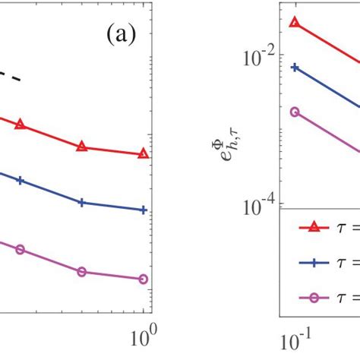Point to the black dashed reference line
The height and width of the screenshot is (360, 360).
[x=9, y=77]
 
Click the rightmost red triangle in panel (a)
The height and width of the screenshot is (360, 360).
[x=144, y=153]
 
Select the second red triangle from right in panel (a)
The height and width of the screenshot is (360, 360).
[x=82, y=147]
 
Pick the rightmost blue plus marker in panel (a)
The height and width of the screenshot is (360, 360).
[x=144, y=210]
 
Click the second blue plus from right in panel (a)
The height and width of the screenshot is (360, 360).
[x=82, y=203]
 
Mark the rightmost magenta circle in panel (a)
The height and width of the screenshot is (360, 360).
[x=144, y=279]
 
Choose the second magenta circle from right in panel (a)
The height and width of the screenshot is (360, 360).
[x=82, y=271]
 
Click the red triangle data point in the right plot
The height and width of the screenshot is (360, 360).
[x=295, y=22]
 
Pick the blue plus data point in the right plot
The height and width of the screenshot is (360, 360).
[x=295, y=68]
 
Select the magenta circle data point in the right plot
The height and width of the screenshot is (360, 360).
[x=295, y=112]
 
